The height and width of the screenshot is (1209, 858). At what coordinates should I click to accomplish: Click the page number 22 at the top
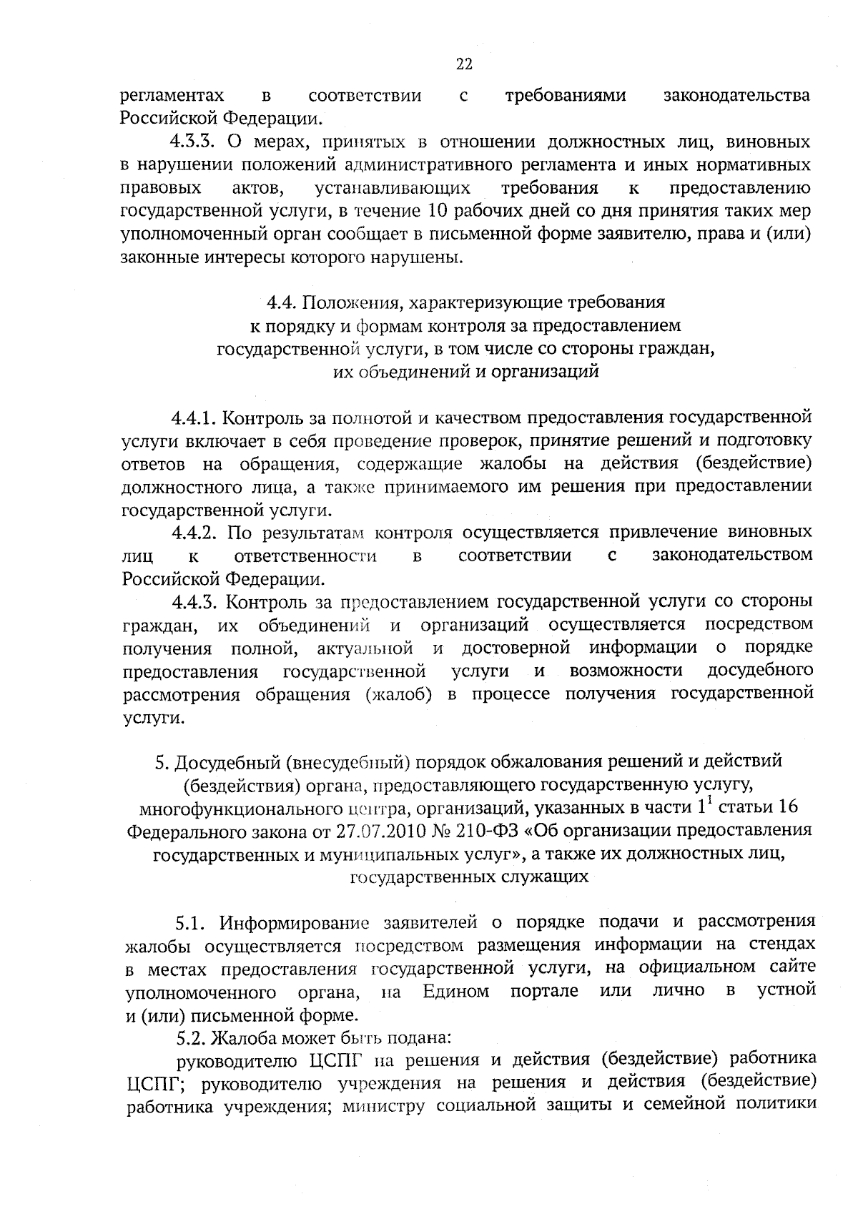click(x=464, y=65)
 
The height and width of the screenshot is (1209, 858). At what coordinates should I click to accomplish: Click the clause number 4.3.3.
click(x=194, y=142)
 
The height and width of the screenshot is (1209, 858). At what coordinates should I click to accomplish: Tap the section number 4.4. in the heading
click(x=281, y=302)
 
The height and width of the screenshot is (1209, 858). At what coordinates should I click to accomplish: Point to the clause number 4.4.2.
click(x=194, y=533)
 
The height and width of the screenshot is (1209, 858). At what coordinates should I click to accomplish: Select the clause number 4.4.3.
click(x=194, y=601)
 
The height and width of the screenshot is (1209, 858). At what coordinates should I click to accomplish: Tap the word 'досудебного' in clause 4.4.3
click(x=760, y=671)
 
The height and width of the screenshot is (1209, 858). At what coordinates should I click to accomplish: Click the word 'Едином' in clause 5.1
click(x=456, y=992)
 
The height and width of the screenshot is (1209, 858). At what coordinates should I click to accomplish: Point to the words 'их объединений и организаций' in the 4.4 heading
click(x=465, y=372)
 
